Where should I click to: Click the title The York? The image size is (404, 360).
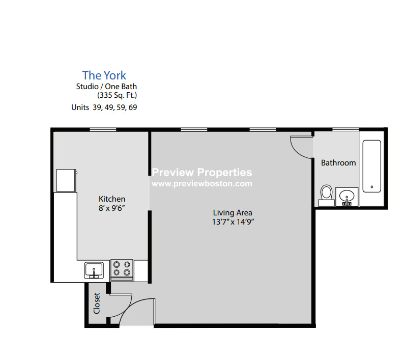[x=104, y=76]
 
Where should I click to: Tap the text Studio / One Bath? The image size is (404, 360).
[x=106, y=87]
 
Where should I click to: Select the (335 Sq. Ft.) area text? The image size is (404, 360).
[x=117, y=95]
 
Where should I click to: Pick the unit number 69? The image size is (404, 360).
[x=132, y=107]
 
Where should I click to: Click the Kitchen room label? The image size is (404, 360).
[x=112, y=199]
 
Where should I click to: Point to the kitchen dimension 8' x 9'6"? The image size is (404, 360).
[x=112, y=208]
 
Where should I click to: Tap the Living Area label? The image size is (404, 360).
[x=233, y=212]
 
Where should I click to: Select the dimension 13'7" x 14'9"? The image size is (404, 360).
[x=233, y=221]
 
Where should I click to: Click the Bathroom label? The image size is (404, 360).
[x=338, y=163]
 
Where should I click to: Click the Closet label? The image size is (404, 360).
[x=96, y=303]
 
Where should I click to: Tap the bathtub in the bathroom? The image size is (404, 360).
[x=371, y=165]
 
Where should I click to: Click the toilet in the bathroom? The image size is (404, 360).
[x=327, y=195]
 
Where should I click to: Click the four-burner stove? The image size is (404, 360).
[x=122, y=269]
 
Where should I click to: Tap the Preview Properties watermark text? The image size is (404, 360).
[x=202, y=173]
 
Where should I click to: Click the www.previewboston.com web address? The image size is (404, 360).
[x=202, y=184]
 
